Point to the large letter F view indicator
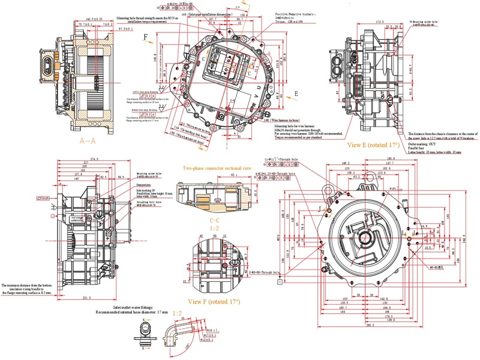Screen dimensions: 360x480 pyautogui.click(x=145, y=37)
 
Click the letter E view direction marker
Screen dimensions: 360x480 pyautogui.click(x=296, y=94)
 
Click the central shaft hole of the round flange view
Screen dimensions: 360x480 pyautogui.click(x=365, y=234)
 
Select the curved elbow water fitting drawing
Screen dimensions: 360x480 pyautogui.click(x=179, y=331)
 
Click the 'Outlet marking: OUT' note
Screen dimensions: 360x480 pyautogui.click(x=424, y=143)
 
